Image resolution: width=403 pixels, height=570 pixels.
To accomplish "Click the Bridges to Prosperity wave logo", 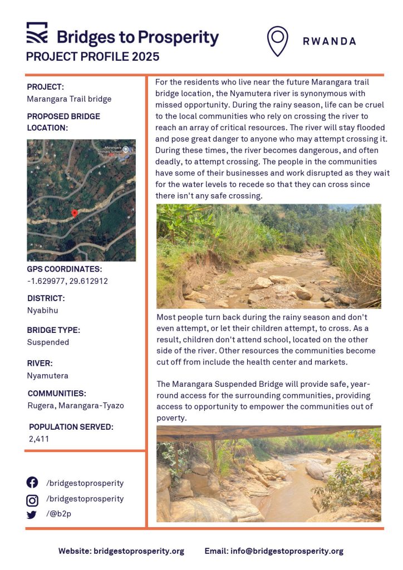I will pos(37,33).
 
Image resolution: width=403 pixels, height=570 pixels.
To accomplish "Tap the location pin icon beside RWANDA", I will pos(277,41).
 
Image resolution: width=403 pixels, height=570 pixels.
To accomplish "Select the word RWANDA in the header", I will pos(330,41).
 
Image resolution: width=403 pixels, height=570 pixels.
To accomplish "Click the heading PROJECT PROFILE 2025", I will pos(93,57).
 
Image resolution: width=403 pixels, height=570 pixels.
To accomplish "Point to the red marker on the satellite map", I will pos(74,213).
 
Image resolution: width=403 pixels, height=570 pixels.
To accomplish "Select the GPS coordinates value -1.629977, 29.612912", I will pos(67,281).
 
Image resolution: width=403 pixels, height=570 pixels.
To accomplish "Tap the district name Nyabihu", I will pos(42,310).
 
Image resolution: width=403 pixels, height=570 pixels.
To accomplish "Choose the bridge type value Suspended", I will pos(48,342).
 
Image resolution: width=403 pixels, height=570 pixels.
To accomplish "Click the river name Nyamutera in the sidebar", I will pos(47,376).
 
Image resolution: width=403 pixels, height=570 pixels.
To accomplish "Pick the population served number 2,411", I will pos(38,439).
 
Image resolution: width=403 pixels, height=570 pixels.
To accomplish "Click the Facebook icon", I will pos(32,483).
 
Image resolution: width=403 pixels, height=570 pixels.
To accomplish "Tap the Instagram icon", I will pos(32,499).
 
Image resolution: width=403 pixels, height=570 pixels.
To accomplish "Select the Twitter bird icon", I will pos(32,515).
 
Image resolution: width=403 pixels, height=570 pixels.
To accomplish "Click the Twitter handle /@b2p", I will pos(58,514).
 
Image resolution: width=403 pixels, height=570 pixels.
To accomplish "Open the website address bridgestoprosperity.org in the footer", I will pos(139,551).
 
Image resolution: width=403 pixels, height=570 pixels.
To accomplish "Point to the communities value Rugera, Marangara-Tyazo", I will pos(75,406).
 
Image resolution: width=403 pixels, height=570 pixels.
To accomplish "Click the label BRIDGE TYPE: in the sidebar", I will pos(53,330).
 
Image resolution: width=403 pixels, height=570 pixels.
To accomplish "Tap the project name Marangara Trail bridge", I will pos(69,99).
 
